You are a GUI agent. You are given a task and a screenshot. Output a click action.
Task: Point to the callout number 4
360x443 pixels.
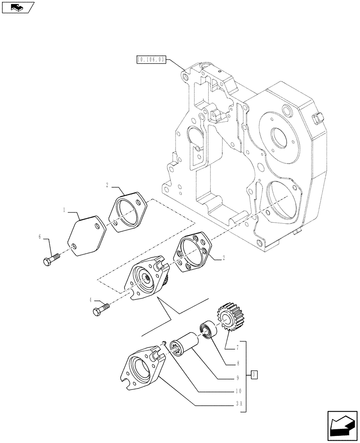coord(91,300)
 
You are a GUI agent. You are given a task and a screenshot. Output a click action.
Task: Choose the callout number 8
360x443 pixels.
coord(238,363)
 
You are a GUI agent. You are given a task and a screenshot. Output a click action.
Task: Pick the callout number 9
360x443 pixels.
coord(238,378)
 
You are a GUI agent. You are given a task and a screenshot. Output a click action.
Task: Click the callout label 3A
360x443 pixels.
coord(238,404)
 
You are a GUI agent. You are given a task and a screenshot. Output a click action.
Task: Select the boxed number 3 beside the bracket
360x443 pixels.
coord(253,375)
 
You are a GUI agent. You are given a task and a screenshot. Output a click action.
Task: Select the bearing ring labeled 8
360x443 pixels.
coord(207,330)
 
